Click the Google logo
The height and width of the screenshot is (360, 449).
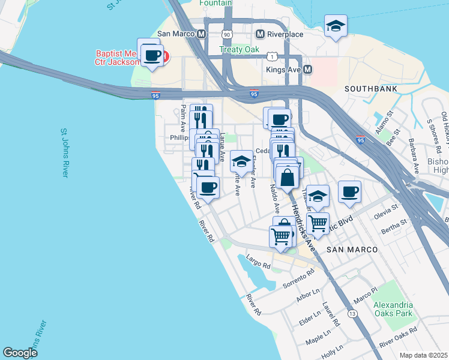click(20, 353)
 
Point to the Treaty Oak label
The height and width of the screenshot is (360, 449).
click(239, 50)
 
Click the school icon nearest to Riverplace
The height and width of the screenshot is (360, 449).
click(336, 26)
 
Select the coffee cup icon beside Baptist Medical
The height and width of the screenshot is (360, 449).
click(152, 55)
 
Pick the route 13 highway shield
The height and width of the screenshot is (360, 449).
click(352, 314)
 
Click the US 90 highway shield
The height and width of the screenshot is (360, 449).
click(226, 34)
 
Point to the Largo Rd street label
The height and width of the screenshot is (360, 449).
click(259, 262)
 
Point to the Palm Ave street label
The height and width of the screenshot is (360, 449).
click(183, 119)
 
